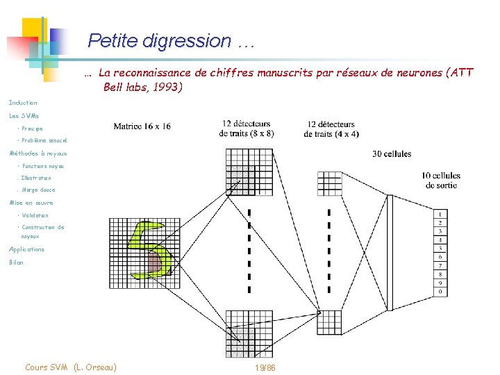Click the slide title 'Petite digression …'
pos(172,41)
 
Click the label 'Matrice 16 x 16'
pos(142,126)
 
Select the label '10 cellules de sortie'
pos(440,181)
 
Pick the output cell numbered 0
pos(440,292)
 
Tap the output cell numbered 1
pos(440,214)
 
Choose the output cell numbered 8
pos(440,274)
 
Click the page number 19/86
pos(265,367)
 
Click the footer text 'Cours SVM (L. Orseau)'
pos(70,367)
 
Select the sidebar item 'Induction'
pos(23,103)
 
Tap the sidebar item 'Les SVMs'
pos(24,115)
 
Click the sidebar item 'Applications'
pos(26,249)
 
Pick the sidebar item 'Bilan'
pos(16,262)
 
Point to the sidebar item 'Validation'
pos(35,215)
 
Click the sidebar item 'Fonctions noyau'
pos(42,166)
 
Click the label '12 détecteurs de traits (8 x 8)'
pos(247,128)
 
